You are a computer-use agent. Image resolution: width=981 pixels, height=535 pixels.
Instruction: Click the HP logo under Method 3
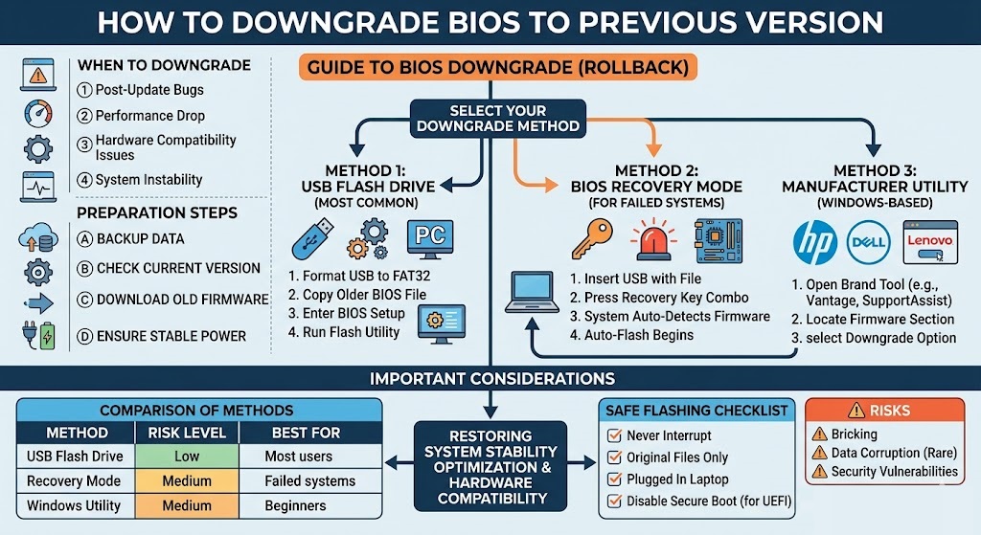[815, 242]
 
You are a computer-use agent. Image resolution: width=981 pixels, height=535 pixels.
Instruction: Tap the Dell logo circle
[870, 242]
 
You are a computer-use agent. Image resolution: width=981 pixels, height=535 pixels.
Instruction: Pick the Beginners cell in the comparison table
[295, 505]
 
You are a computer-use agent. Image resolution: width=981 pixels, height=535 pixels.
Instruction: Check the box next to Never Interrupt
[615, 436]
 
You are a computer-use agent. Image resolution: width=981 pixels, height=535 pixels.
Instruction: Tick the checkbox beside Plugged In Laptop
[615, 479]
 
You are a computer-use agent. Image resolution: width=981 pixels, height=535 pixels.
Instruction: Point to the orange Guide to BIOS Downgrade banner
[494, 69]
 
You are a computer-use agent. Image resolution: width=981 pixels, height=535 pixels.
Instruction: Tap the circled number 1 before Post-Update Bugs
[84, 91]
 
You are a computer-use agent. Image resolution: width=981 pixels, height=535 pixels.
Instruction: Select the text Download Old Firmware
[182, 300]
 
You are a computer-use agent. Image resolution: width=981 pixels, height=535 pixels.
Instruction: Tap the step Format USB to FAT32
[359, 277]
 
